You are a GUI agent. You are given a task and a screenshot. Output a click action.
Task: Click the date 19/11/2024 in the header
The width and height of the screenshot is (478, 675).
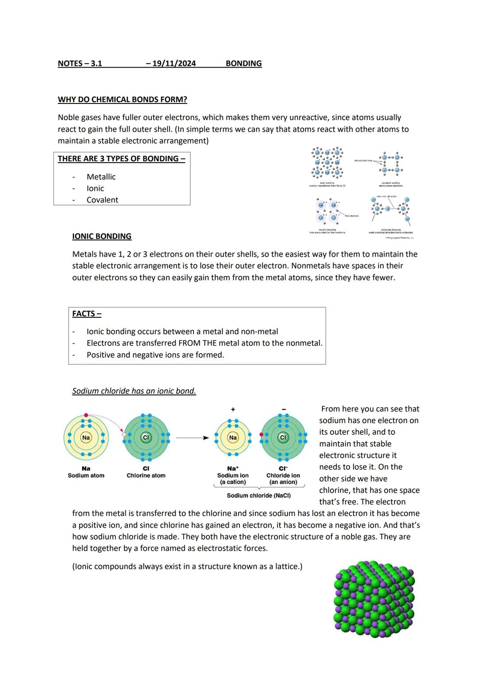click(173, 63)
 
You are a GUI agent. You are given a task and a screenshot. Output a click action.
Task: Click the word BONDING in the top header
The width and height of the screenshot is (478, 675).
click(243, 63)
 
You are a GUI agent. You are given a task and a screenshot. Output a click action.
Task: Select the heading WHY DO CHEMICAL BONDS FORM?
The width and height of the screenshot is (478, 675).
click(122, 99)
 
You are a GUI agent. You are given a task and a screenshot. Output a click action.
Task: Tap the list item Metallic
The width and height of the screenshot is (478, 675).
click(101, 177)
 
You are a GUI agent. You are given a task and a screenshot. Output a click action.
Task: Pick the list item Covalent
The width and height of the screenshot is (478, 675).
click(102, 200)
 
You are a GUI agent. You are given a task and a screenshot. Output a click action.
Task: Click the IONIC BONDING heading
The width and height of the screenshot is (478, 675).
click(102, 236)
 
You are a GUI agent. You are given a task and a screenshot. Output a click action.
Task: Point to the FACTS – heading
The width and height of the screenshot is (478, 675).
click(87, 313)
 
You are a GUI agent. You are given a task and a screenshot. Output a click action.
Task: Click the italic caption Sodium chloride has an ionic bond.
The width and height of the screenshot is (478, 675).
click(134, 391)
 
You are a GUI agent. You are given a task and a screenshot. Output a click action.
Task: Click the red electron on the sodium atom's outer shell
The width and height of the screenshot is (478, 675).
click(86, 415)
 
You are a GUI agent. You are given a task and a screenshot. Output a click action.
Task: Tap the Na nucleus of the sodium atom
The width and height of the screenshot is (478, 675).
click(86, 438)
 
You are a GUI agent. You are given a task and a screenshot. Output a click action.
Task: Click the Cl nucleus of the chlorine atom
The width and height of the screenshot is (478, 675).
click(146, 438)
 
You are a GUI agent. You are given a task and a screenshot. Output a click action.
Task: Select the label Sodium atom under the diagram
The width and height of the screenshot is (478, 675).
click(86, 476)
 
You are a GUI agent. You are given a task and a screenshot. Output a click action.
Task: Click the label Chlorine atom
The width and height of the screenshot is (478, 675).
click(146, 476)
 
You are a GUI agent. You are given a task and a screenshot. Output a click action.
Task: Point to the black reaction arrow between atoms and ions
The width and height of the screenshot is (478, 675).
click(193, 438)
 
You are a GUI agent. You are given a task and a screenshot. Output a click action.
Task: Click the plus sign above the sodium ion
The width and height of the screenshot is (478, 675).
click(233, 409)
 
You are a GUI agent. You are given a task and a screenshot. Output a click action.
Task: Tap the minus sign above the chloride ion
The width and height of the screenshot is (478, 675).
click(284, 409)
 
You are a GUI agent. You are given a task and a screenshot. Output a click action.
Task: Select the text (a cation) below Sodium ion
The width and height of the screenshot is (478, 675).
click(233, 482)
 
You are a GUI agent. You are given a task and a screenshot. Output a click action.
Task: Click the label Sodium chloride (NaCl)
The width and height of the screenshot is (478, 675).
click(258, 496)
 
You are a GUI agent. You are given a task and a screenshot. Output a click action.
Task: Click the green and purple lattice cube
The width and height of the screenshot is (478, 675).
click(374, 599)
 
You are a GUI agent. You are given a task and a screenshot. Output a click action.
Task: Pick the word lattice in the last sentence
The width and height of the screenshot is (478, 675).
click(286, 566)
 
